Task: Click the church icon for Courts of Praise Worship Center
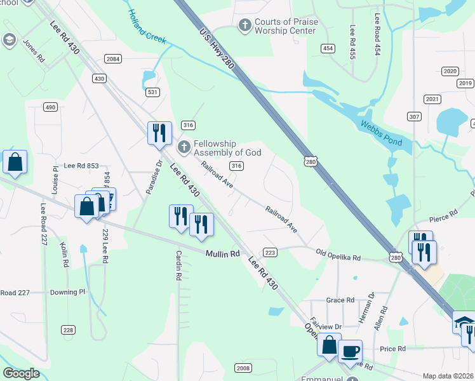click(244, 26)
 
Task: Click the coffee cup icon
click(350, 351)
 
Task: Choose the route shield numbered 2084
click(114, 59)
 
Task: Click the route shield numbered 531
click(152, 93)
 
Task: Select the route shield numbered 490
click(50, 107)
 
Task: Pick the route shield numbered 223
click(270, 252)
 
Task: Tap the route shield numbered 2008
click(243, 368)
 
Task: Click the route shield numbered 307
click(415, 117)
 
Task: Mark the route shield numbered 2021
click(432, 99)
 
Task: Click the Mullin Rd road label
click(222, 253)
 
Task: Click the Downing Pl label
click(67, 293)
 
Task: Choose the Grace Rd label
click(340, 300)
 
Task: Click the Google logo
click(21, 373)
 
